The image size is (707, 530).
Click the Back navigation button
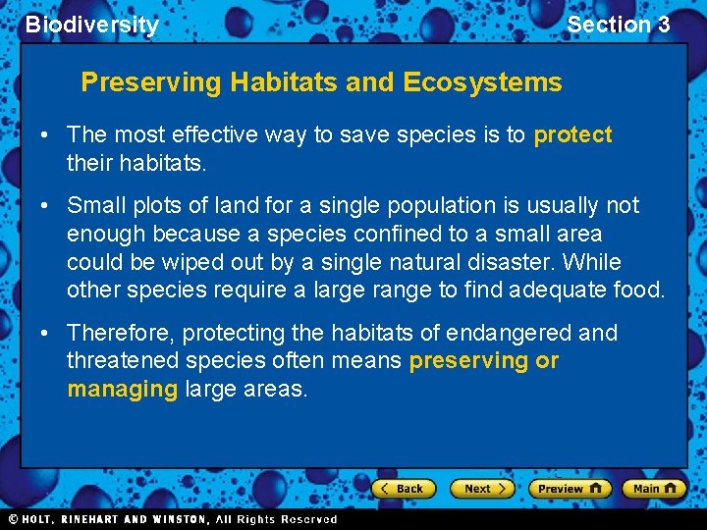point(401,488)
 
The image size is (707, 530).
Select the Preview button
point(570,488)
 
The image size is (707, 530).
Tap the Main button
point(653,488)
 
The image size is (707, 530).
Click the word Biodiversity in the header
point(91,25)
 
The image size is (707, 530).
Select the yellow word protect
point(572,134)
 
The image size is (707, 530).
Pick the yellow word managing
point(122,389)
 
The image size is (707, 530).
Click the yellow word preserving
point(468,360)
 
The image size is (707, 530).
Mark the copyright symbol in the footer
point(13,519)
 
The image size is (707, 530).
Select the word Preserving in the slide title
point(151,82)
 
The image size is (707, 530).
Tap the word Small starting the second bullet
point(95,205)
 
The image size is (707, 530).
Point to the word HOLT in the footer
point(38,519)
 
